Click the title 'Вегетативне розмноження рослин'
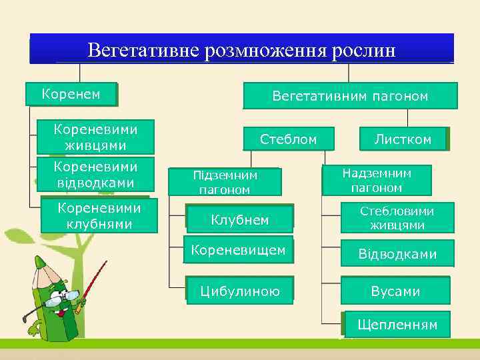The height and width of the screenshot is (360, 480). [x=241, y=49]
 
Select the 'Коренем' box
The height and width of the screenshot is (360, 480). [x=71, y=94]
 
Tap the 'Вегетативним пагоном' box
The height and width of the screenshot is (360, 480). [x=350, y=96]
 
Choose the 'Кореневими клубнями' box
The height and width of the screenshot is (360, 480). [x=99, y=215]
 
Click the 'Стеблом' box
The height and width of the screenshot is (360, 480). [x=288, y=139]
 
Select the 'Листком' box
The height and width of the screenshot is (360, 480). [x=403, y=139]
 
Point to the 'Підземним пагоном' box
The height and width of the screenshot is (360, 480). [x=225, y=181]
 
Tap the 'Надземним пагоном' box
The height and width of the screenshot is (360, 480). [x=377, y=180]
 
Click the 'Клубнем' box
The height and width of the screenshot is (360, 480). [x=239, y=219]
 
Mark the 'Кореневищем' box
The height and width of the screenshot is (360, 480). [x=238, y=251]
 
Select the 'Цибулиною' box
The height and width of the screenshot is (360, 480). [x=239, y=291]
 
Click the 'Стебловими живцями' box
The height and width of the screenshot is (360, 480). [x=397, y=218]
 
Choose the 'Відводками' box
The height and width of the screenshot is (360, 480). [x=397, y=254]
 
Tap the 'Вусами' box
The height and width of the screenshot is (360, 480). [x=395, y=291]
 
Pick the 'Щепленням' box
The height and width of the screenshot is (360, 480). [x=397, y=325]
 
